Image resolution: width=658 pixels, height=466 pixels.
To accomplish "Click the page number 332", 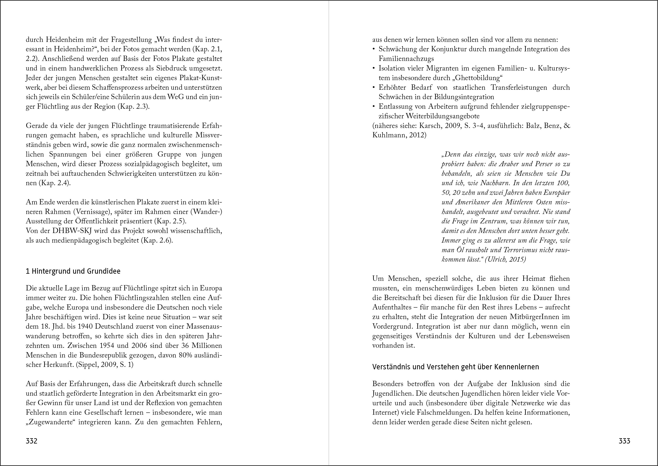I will click(x=31, y=441).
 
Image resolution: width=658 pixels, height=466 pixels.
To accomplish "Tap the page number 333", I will click(x=624, y=441).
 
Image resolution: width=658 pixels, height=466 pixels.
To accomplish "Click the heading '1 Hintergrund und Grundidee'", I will click(x=73, y=271).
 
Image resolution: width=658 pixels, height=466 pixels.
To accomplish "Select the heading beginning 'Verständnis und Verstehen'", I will click(x=456, y=367).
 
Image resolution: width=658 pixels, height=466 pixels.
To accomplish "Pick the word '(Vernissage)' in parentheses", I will click(x=91, y=212).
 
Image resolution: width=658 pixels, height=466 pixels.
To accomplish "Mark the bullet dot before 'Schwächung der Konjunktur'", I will click(x=374, y=49).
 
